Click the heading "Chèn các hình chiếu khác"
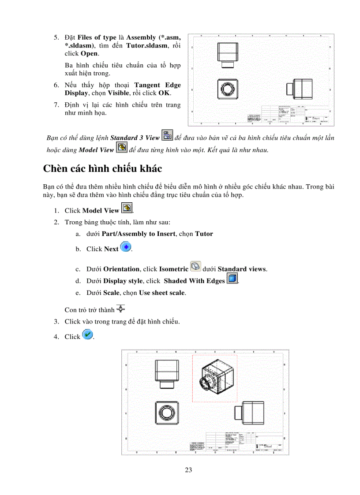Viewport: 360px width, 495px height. [x=102, y=168]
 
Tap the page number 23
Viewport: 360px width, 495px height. [x=188, y=470]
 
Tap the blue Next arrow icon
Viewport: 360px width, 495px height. [x=125, y=247]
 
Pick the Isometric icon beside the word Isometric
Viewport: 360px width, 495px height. [x=195, y=268]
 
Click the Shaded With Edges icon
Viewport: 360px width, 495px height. [x=232, y=279]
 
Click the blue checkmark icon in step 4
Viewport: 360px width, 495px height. [x=87, y=335]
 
